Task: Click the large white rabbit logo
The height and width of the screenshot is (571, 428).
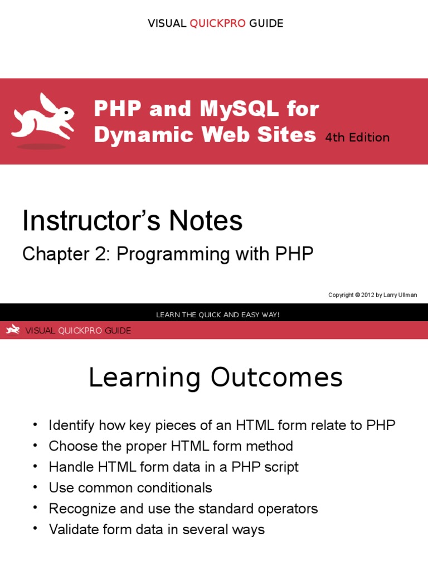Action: (x=42, y=119)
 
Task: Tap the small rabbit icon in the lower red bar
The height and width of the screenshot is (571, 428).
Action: (x=13, y=331)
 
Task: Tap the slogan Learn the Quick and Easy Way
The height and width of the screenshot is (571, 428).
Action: (x=218, y=315)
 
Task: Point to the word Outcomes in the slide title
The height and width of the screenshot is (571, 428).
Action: (x=276, y=379)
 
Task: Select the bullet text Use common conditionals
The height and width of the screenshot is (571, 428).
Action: (x=130, y=488)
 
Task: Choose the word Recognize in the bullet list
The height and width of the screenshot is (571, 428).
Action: (x=80, y=509)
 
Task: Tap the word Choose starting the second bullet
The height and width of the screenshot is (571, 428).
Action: (x=70, y=446)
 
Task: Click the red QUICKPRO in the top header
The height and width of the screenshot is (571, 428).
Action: (x=217, y=23)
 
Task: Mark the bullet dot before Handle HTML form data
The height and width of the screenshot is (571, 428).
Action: (x=35, y=466)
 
